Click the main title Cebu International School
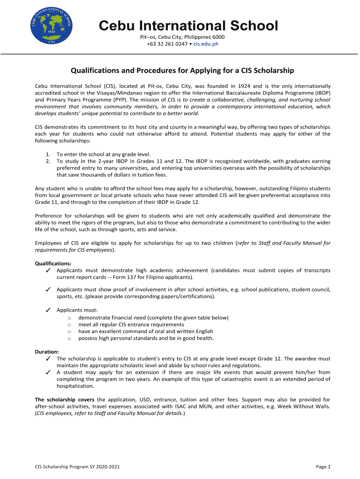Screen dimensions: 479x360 [x=188, y=25]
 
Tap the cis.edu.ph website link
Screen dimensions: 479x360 [x=206, y=44]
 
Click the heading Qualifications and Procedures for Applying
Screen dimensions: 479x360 [x=182, y=71]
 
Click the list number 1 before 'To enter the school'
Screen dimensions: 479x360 [x=48, y=154]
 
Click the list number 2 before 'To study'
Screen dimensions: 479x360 [x=48, y=161]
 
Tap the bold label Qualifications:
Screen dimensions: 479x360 [x=53, y=263]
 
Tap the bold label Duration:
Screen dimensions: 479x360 [x=47, y=352]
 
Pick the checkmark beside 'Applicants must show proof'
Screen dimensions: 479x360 [x=48, y=290]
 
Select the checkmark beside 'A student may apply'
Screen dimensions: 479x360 [x=48, y=372]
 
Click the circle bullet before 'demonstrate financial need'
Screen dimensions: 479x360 [x=69, y=318]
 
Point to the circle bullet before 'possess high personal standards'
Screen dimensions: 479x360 [x=69, y=338]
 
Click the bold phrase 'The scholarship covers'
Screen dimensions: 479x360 [x=65, y=399]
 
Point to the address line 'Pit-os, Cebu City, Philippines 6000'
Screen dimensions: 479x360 [x=182, y=37]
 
